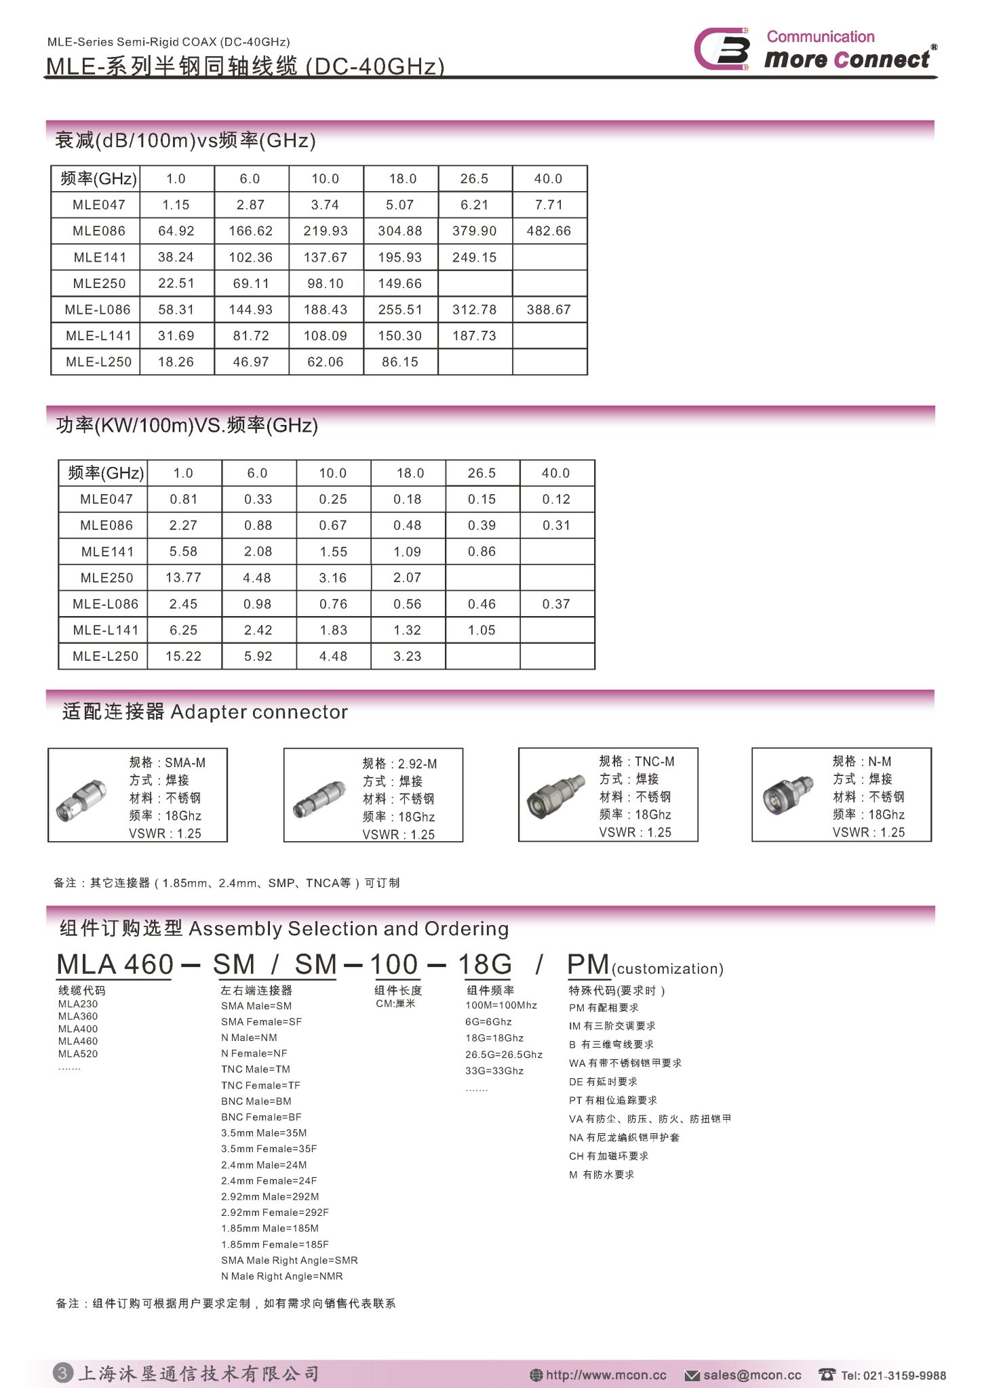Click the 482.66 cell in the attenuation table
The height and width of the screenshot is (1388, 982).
tap(549, 231)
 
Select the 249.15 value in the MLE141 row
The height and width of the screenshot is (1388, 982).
tap(474, 258)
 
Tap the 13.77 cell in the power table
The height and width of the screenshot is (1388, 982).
tap(183, 578)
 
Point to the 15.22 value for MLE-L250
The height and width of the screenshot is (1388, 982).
tap(183, 657)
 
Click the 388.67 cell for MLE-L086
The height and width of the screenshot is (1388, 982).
tap(549, 310)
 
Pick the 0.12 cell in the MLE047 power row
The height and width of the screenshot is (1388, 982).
tap(556, 499)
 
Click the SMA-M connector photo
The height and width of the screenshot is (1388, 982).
tap(81, 800)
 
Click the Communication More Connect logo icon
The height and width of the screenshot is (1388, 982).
tap(723, 49)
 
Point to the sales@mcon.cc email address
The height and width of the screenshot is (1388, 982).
tap(751, 1375)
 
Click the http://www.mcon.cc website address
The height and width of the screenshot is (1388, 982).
tap(606, 1375)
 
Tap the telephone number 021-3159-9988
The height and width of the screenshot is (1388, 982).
tap(893, 1375)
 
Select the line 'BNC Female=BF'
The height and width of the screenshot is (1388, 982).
tap(261, 1117)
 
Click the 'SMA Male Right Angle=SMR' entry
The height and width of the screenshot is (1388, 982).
tap(289, 1261)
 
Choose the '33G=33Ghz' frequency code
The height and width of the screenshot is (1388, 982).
tap(494, 1071)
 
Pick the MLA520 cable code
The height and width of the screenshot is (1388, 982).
tap(78, 1054)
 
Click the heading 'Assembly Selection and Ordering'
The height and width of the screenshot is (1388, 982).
tap(349, 928)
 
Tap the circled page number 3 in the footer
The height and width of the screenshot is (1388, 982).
tap(62, 1373)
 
